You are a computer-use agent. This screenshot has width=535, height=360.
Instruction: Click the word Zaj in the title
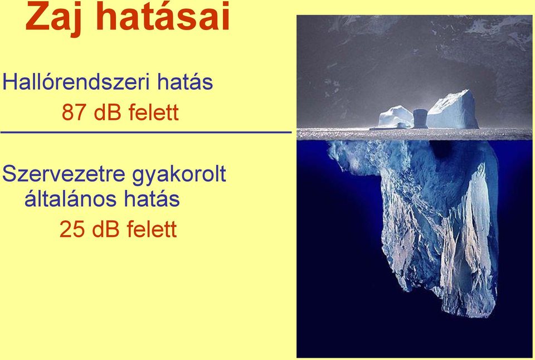coord(53,18)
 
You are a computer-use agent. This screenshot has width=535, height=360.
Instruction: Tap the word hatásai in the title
coord(163,16)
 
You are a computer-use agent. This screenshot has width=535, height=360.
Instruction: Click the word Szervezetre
coord(64,173)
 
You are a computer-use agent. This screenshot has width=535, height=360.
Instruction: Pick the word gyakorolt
coord(179,176)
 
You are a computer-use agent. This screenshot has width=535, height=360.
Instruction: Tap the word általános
coord(71,198)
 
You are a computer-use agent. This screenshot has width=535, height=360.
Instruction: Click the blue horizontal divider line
coord(146,132)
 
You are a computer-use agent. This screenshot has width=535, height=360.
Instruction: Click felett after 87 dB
coord(154,112)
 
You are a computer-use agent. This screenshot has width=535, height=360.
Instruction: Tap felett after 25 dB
coord(152,229)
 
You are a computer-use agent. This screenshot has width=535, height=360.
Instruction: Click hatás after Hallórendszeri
coord(185,82)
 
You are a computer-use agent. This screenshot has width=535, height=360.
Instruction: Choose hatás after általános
coord(152,198)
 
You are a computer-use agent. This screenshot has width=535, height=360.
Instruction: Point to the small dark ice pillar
coord(420,119)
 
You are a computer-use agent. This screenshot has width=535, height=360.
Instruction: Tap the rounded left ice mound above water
coord(396,117)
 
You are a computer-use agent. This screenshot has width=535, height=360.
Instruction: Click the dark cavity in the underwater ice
coord(440,149)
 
